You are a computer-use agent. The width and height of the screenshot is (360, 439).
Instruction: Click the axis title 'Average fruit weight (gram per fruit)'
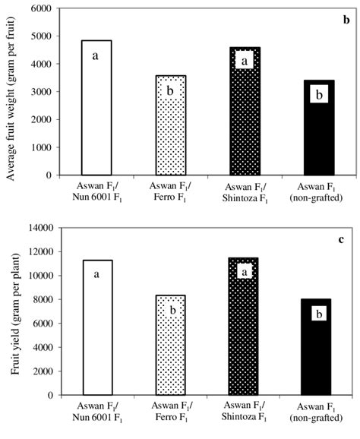11,92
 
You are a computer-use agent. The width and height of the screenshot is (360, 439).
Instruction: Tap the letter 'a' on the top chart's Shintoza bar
245,60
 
